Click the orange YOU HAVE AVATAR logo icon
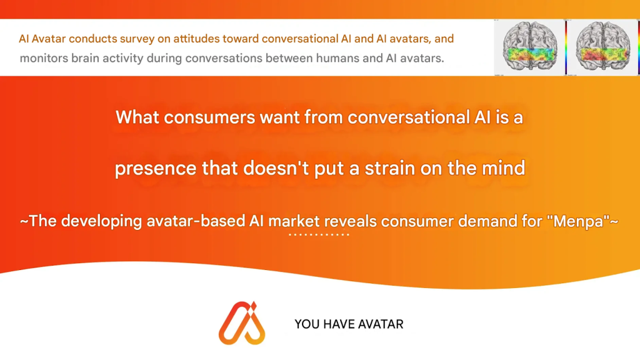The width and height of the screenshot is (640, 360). (x=242, y=323)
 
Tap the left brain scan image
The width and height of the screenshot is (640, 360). (x=530, y=47)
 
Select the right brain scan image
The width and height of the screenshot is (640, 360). (x=603, y=47)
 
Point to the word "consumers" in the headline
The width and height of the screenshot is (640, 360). (x=209, y=117)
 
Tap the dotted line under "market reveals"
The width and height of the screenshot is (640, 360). (x=319, y=235)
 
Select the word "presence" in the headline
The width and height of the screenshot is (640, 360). (x=156, y=169)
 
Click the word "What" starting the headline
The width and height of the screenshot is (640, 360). (x=137, y=117)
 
